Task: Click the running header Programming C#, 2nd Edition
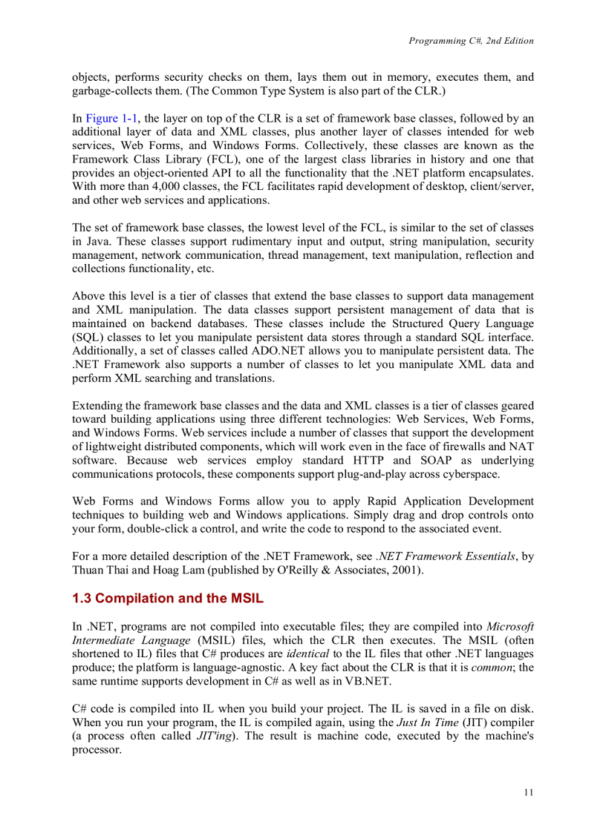(471, 41)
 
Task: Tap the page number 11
(528, 792)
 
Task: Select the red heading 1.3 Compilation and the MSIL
(168, 599)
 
